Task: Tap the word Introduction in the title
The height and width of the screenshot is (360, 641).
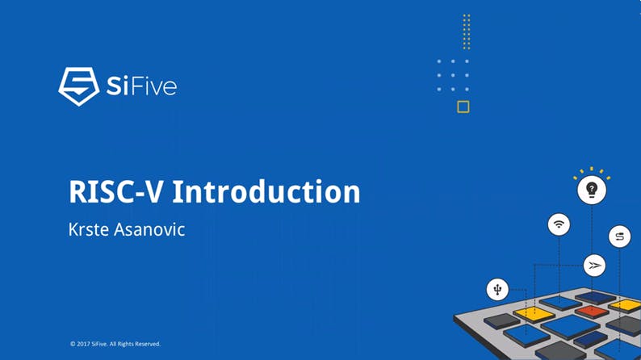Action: click(266, 192)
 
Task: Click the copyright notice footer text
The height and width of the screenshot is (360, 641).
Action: click(115, 344)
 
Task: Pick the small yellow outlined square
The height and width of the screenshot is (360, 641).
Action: click(463, 107)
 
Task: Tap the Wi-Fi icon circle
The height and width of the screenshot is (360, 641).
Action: click(559, 224)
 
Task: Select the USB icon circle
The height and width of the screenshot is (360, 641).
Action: click(498, 289)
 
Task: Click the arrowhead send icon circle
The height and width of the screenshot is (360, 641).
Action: click(595, 265)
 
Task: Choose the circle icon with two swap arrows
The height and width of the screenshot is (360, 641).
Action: click(620, 237)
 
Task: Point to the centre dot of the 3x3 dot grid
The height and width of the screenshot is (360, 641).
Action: click(453, 75)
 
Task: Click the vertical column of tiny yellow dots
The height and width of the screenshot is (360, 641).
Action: click(467, 32)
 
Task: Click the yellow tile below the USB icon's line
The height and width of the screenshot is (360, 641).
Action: click(534, 312)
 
